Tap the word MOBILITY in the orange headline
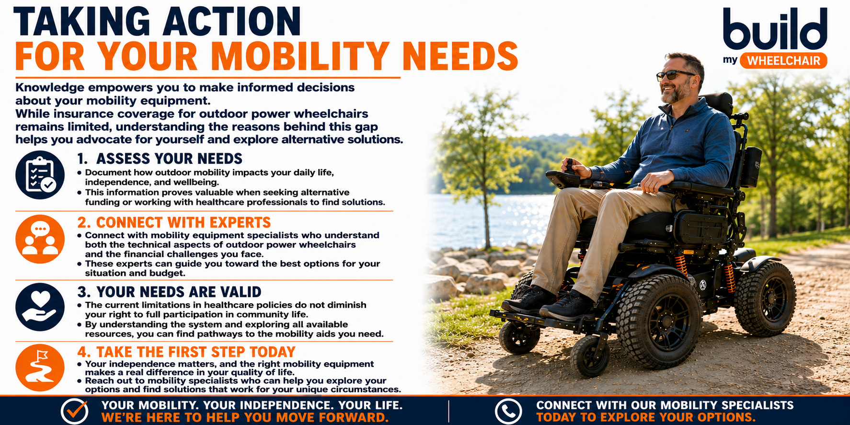click(299, 57)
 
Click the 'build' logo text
click(775, 29)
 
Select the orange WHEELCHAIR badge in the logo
click(783, 60)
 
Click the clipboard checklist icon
click(40, 175)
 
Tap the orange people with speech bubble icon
click(40, 239)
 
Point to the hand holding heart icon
click(40, 307)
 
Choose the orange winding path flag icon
click(40, 368)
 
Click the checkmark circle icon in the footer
click(74, 411)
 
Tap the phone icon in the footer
click(508, 411)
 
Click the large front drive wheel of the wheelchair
click(659, 321)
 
